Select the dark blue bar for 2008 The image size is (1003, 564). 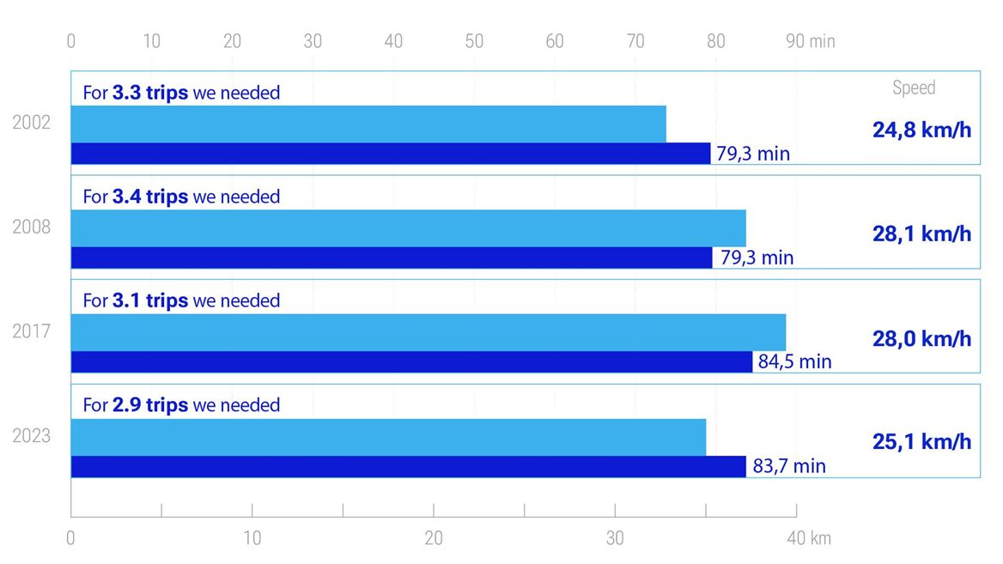click(x=391, y=258)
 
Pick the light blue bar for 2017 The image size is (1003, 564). click(x=428, y=332)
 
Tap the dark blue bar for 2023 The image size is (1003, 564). click(x=408, y=466)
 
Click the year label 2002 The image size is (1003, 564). click(x=32, y=123)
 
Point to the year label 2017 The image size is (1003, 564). click(x=32, y=331)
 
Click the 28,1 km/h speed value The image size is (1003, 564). click(x=921, y=234)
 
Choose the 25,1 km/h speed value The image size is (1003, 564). click(x=921, y=442)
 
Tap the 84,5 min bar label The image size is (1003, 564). click(x=794, y=361)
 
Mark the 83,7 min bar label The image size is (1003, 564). click(x=788, y=466)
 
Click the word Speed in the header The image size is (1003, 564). click(x=914, y=88)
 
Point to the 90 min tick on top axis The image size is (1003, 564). click(x=810, y=41)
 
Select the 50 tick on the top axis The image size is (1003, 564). click(x=474, y=41)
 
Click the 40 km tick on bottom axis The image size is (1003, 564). click(x=808, y=538)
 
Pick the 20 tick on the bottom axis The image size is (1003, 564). click(x=434, y=538)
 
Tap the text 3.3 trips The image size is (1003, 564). click(x=149, y=93)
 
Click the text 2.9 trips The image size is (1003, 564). click(x=149, y=405)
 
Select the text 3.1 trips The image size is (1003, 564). click(x=149, y=300)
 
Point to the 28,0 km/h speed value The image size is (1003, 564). click(x=921, y=338)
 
